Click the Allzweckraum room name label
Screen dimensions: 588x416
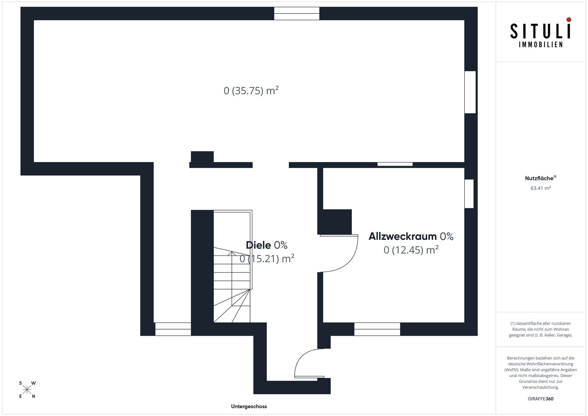[402, 236]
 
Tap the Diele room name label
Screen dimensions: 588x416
[258, 245]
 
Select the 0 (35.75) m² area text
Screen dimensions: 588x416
[251, 91]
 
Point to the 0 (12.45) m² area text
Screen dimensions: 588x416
[411, 250]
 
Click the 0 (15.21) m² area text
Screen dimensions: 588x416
[267, 259]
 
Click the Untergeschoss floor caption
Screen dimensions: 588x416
[249, 407]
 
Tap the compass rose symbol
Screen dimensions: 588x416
[27, 390]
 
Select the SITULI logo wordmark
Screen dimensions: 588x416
[541, 31]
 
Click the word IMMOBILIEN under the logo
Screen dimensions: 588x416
[541, 45]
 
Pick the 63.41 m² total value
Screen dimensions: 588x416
[541, 188]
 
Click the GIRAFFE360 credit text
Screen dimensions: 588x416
[541, 399]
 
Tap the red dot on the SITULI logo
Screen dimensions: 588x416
[569, 20]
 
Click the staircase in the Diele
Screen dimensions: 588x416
[232, 266]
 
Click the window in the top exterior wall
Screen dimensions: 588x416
[296, 13]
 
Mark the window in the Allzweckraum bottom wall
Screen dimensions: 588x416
[377, 329]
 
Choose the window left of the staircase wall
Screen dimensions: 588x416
[173, 329]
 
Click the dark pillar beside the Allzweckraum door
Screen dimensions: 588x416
[334, 222]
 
